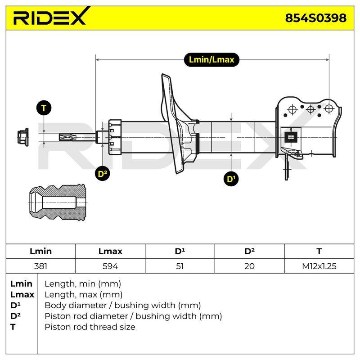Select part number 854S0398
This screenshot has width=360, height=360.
(316, 18)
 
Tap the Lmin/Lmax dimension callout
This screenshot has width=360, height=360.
(211, 60)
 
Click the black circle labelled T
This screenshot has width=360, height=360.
(44, 108)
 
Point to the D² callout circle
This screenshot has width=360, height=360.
(103, 174)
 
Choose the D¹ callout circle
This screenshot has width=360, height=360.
(231, 179)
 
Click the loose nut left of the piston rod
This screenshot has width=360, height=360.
(23, 137)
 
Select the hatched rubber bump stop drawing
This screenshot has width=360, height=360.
(58, 202)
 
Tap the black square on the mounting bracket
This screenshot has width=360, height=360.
(291, 137)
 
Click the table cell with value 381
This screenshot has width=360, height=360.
(40, 266)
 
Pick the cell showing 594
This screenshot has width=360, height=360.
(110, 266)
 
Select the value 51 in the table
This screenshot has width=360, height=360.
(180, 266)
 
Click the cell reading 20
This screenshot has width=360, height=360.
(249, 266)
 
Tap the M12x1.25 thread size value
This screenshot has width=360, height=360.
(319, 266)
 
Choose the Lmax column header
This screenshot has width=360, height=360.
(110, 251)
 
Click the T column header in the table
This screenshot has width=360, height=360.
(319, 251)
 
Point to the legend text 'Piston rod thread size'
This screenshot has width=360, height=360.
(90, 327)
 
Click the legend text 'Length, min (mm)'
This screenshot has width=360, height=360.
(83, 284)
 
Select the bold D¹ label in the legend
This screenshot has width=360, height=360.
(15, 306)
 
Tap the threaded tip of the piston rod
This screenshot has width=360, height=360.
(67, 137)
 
